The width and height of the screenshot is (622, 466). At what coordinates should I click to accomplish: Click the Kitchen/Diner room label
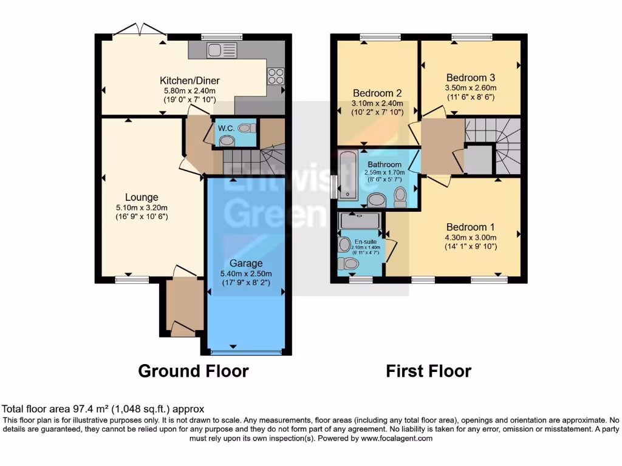pyautogui.click(x=190, y=81)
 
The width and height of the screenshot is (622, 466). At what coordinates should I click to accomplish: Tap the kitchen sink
pyautogui.click(x=217, y=50)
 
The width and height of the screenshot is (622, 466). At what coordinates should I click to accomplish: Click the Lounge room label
pyautogui.click(x=142, y=197)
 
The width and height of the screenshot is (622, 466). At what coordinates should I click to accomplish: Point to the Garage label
pyautogui.click(x=246, y=263)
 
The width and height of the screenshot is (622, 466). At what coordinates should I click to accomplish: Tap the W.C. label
pyautogui.click(x=227, y=128)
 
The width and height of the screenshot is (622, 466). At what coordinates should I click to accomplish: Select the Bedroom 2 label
pyautogui.click(x=377, y=93)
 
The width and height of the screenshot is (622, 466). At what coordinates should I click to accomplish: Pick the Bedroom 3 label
pyautogui.click(x=471, y=78)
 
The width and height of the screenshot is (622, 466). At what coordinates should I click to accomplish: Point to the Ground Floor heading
pyautogui.click(x=193, y=371)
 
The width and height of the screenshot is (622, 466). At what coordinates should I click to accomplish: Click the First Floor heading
pyautogui.click(x=428, y=371)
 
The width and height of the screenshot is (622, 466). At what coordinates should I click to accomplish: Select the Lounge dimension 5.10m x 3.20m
pyautogui.click(x=142, y=207)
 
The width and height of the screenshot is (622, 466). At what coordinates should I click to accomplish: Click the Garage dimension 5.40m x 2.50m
pyautogui.click(x=246, y=273)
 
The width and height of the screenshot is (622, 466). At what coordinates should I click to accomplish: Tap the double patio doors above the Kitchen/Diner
pyautogui.click(x=139, y=32)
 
